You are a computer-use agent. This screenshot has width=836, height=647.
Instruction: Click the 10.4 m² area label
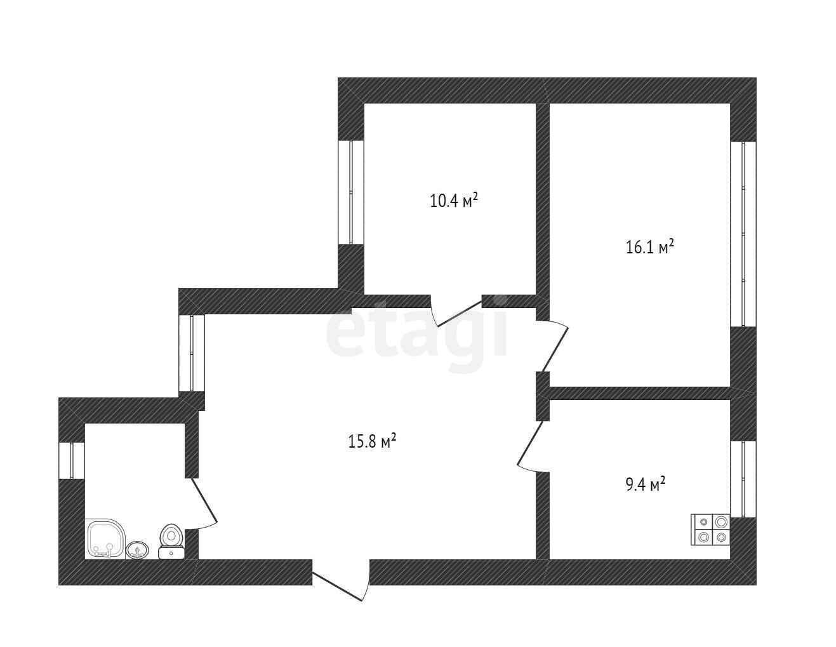click(453, 201)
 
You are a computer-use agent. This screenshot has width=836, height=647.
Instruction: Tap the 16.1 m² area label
click(649, 246)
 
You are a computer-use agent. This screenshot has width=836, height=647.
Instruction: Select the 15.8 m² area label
click(372, 441)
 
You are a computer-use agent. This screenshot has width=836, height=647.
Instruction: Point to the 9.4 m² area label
click(645, 485)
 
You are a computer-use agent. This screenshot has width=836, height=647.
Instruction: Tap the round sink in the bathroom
click(138, 549)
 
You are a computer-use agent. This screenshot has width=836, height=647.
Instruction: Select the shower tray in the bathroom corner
click(104, 538)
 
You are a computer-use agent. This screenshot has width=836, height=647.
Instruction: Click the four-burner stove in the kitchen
click(710, 529)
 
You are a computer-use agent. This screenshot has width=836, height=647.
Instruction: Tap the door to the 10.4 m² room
click(457, 311)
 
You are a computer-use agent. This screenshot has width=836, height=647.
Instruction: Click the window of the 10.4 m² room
click(350, 192)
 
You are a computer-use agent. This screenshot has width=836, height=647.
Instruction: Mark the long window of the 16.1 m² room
click(743, 234)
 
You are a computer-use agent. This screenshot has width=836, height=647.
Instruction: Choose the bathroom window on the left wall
click(72, 460)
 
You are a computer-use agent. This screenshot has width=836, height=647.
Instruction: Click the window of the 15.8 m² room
click(192, 352)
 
